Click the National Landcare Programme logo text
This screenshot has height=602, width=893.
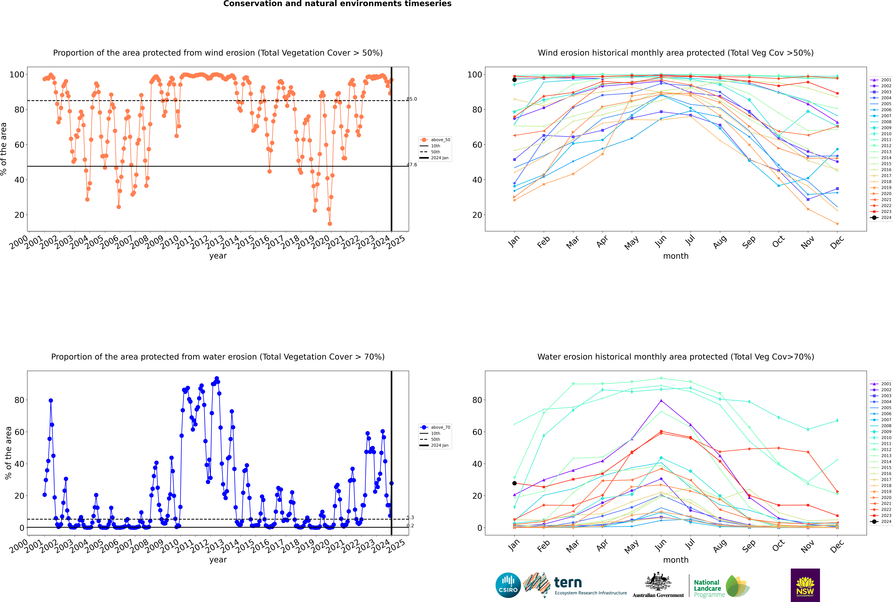(707, 588)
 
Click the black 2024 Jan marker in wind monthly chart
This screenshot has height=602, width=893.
(514, 80)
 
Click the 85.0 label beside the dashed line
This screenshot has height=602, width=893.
(412, 99)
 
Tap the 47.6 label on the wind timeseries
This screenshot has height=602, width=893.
(412, 165)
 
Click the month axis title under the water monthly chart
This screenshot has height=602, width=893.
(676, 560)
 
